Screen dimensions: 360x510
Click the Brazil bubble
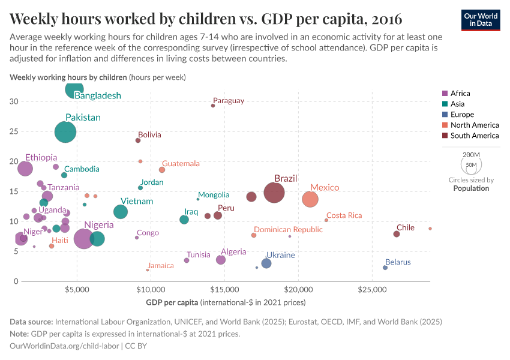(x=274, y=193)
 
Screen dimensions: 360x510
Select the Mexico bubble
(x=310, y=199)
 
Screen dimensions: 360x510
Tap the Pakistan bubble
(x=65, y=132)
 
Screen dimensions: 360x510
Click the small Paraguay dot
(x=213, y=106)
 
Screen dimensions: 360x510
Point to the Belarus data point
(x=385, y=268)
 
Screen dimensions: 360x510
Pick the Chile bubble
(x=397, y=234)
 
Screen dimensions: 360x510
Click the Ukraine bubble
(x=266, y=263)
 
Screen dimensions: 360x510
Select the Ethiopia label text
(x=41, y=157)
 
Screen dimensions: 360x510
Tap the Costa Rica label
(x=344, y=215)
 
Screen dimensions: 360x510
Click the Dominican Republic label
(x=288, y=230)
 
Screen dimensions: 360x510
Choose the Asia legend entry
(x=458, y=104)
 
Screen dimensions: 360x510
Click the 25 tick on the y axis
(x=13, y=131)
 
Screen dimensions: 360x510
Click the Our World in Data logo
(x=481, y=19)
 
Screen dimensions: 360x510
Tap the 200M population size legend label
(x=472, y=155)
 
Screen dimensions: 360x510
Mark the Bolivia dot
(x=138, y=140)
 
